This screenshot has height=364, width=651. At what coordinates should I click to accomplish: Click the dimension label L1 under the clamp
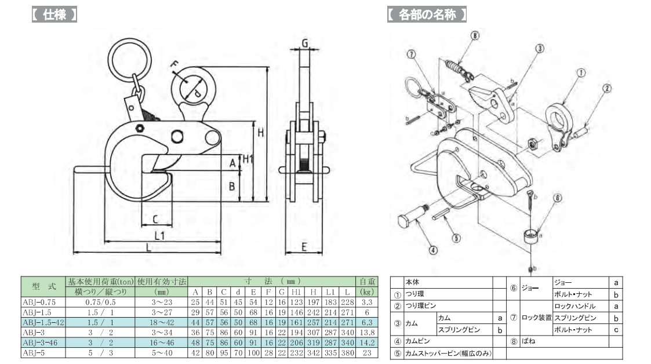(x=160, y=235)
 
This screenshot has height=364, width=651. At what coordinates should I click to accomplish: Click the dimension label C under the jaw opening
(x=156, y=219)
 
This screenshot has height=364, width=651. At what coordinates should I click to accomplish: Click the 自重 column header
(x=365, y=282)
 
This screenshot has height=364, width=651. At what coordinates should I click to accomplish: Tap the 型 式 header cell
(x=43, y=287)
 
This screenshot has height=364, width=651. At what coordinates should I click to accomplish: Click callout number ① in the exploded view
(x=580, y=74)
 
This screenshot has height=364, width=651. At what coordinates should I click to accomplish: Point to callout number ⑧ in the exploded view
(x=475, y=36)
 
